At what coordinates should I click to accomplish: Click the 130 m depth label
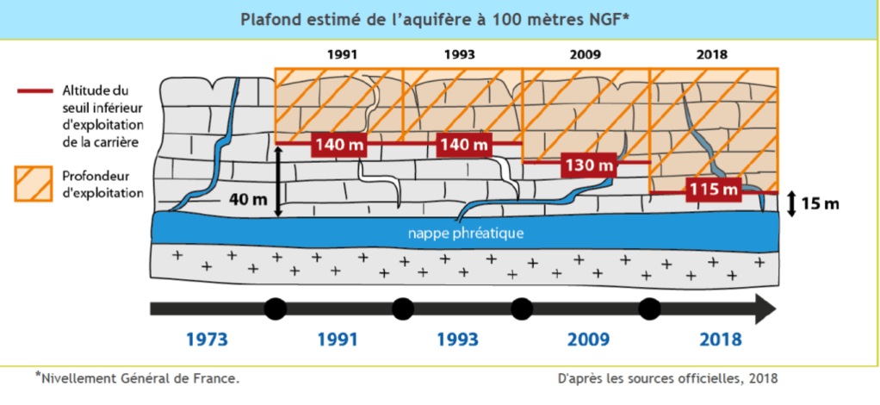[590, 164]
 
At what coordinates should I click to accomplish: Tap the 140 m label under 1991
[338, 144]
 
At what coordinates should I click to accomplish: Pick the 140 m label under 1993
[463, 144]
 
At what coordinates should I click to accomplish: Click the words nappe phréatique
[466, 233]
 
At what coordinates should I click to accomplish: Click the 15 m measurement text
[820, 204]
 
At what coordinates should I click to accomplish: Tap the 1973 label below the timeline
[207, 339]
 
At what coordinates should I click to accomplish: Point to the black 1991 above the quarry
[342, 54]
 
